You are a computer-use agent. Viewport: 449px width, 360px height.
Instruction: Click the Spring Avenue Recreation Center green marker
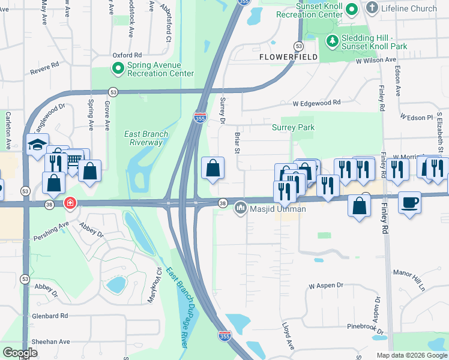tap(118, 68)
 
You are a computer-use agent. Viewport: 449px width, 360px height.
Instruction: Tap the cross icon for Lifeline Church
tap(372, 8)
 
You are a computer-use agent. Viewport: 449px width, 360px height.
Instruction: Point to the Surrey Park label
tap(293, 128)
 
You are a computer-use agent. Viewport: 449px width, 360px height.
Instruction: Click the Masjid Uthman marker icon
tap(241, 208)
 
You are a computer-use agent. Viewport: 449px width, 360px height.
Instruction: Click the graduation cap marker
tap(37, 145)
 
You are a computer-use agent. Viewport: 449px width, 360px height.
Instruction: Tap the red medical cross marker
tap(70, 204)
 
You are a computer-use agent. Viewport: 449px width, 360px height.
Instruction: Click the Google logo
tap(20, 353)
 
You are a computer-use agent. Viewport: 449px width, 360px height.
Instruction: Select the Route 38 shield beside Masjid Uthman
tap(223, 203)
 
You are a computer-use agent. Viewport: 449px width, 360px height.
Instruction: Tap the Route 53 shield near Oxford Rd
tap(113, 91)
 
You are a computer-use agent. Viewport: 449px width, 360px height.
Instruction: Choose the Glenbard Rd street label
tap(50, 316)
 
